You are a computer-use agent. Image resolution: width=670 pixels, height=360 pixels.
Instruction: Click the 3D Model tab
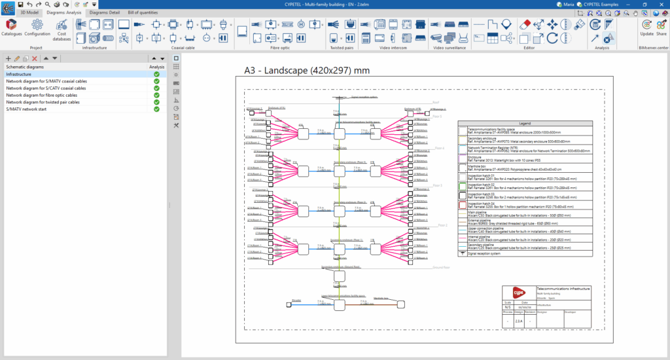[29, 12]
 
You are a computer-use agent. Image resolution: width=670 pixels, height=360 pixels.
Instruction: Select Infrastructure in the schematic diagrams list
[20, 74]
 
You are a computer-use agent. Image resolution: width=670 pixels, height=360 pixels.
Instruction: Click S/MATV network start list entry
[33, 109]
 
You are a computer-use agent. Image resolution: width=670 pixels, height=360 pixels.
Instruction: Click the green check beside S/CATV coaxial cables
[156, 88]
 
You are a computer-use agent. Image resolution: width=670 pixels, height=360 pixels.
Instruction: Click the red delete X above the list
[35, 59]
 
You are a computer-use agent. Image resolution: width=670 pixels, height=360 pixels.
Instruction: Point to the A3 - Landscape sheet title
[307, 70]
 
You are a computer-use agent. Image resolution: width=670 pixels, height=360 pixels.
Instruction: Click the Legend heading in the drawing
[525, 123]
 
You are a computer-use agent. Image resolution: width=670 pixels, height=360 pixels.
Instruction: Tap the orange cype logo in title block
[519, 292]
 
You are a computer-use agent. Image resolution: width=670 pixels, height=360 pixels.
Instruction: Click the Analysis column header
[156, 67]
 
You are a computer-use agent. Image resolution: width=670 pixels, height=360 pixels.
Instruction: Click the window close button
[660, 4]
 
